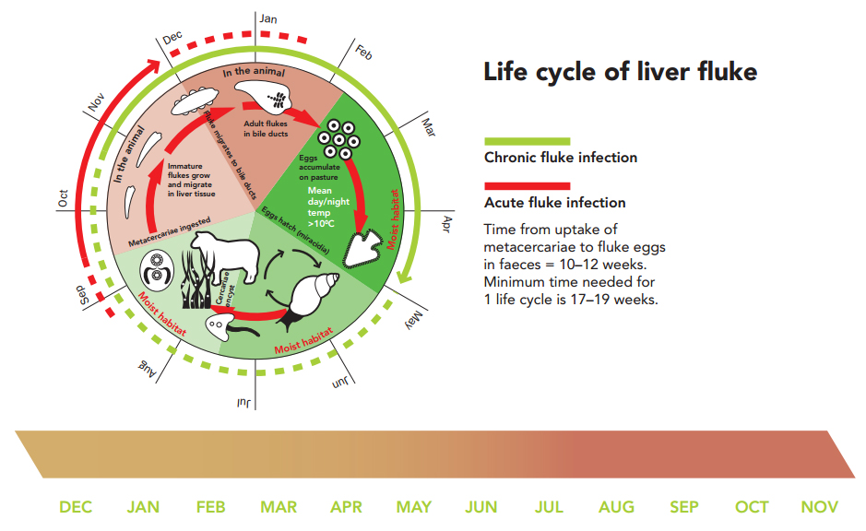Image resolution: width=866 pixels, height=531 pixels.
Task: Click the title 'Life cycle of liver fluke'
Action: click(x=621, y=72)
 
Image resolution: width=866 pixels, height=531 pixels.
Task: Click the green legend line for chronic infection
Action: click(x=527, y=141)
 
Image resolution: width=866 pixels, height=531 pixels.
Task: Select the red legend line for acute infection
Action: click(x=527, y=186)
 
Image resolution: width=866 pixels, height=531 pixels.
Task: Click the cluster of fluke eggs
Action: click(x=338, y=139)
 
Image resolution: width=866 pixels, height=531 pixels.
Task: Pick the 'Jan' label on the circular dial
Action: click(x=268, y=18)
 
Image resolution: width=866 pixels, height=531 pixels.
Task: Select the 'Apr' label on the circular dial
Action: click(x=446, y=224)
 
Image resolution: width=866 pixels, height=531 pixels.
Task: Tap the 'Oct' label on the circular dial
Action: click(x=63, y=198)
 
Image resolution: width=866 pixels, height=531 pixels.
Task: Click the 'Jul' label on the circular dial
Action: click(x=244, y=403)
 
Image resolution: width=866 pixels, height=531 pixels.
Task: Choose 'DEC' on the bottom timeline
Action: click(x=76, y=507)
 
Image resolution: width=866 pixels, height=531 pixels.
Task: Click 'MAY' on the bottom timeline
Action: click(x=414, y=507)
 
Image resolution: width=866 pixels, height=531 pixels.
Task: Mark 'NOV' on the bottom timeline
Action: click(x=820, y=507)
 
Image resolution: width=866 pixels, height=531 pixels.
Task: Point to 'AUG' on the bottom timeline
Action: click(x=616, y=507)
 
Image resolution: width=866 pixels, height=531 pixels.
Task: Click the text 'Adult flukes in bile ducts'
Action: click(x=266, y=129)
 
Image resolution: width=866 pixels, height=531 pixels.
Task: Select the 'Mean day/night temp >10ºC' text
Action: click(x=328, y=207)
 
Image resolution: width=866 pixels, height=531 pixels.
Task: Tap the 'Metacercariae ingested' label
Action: click(x=170, y=232)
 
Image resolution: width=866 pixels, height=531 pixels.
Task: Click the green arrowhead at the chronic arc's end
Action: click(x=405, y=276)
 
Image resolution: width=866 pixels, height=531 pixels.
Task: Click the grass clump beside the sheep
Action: click(x=196, y=278)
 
